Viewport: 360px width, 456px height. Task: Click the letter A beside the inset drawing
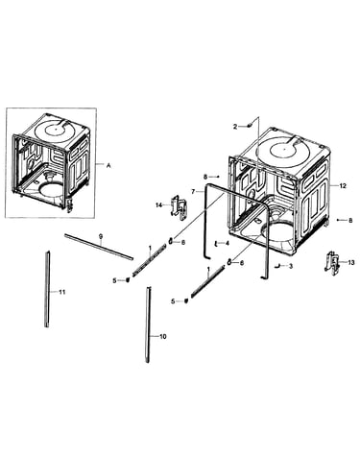108,165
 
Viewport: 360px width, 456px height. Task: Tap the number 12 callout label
343,186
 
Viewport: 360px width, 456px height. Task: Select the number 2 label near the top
235,127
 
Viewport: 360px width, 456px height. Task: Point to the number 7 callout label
193,192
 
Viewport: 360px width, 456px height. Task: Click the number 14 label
159,205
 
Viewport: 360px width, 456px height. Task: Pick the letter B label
350,221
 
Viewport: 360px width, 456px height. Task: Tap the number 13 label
351,263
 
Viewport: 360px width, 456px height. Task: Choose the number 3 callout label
291,266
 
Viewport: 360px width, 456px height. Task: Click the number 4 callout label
228,243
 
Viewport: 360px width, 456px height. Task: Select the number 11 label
62,292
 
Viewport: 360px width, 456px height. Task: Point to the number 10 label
163,337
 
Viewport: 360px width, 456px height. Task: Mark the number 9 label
101,236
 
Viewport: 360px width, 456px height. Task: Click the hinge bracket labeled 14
178,207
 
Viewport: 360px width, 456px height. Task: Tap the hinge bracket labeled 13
332,263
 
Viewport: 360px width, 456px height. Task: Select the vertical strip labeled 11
47,289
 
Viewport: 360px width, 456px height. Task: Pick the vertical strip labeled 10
148,324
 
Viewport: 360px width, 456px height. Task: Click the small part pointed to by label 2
249,126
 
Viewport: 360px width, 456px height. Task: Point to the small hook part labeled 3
277,265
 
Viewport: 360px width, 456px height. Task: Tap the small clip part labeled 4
216,244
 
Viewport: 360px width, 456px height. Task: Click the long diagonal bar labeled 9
99,247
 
